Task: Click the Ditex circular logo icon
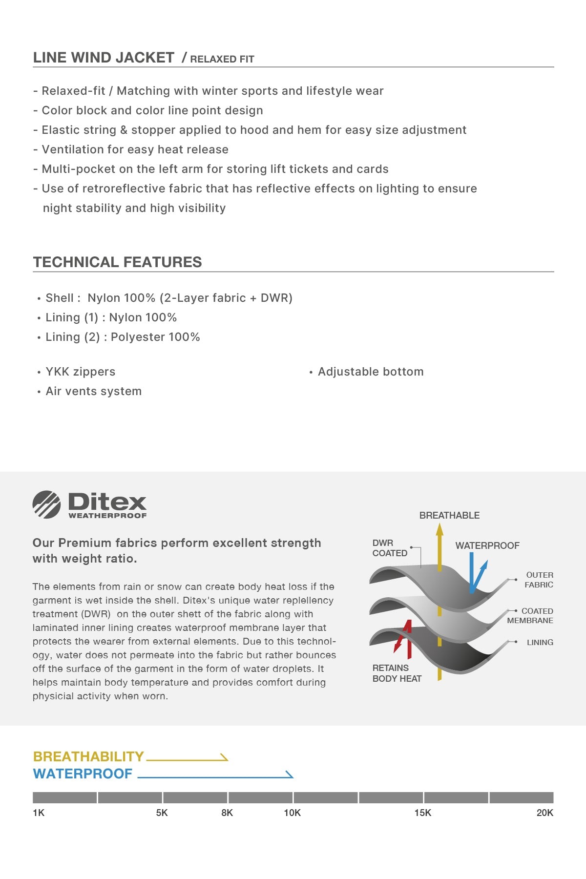pyautogui.click(x=46, y=504)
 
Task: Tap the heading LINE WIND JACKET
pyautogui.click(x=104, y=58)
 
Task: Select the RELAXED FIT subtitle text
pyautogui.click(x=222, y=59)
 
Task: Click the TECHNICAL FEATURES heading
pyautogui.click(x=117, y=262)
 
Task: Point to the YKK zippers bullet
pyautogui.click(x=80, y=372)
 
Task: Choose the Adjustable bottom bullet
pyautogui.click(x=370, y=372)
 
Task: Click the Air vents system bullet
pyautogui.click(x=93, y=391)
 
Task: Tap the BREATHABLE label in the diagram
pyautogui.click(x=449, y=515)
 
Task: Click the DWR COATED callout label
pyautogui.click(x=389, y=548)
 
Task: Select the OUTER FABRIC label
pyautogui.click(x=539, y=580)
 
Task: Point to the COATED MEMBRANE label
pyautogui.click(x=531, y=616)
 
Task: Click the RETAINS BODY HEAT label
pyautogui.click(x=397, y=673)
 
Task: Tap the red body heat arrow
pyautogui.click(x=404, y=640)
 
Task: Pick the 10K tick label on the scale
pyautogui.click(x=292, y=813)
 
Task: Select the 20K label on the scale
pyautogui.click(x=544, y=813)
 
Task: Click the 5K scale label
pyautogui.click(x=162, y=813)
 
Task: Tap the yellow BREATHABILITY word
pyautogui.click(x=88, y=756)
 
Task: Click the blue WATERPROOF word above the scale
pyautogui.click(x=83, y=774)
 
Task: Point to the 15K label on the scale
pyautogui.click(x=422, y=813)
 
